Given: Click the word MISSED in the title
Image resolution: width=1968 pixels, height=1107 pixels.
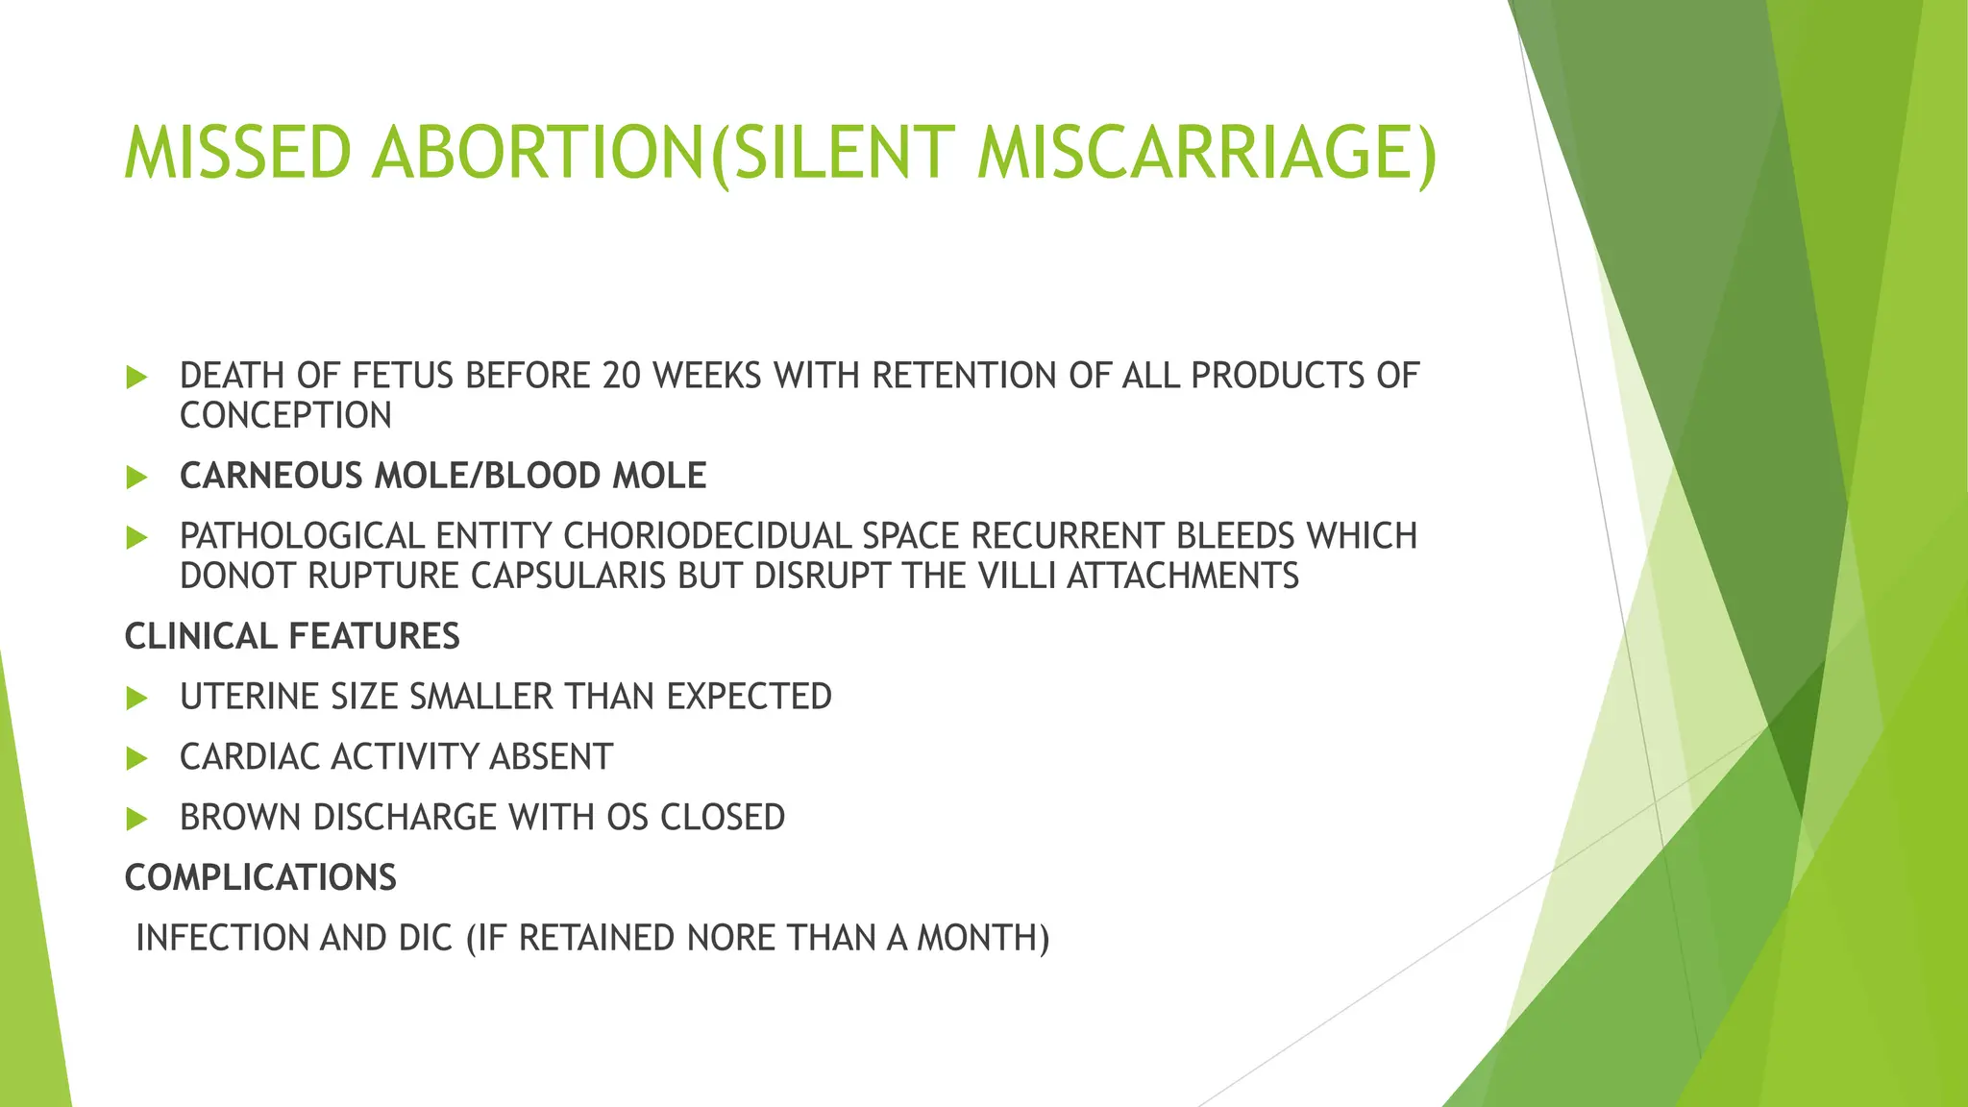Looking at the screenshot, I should coord(236,154).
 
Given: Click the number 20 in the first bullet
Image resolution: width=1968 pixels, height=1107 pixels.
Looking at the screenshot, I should coord(621,376).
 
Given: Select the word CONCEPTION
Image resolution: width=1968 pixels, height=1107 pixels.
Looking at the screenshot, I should coord(285,416).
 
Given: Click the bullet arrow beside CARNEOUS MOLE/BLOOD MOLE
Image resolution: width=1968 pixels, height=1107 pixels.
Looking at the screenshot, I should coord(136,477).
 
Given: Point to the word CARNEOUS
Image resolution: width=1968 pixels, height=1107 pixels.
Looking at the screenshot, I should coord(271,477).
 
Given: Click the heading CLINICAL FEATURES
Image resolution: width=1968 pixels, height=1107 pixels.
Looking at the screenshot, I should coord(292,637).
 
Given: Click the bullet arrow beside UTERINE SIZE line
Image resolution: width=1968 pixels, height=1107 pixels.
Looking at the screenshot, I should coord(136,699).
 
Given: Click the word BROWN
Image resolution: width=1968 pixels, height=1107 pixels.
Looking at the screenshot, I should coord(241,818).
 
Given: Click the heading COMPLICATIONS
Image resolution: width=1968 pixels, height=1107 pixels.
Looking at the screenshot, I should coord(260,878).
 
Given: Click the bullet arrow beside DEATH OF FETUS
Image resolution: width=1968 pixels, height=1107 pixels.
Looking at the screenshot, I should coord(136,378).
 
